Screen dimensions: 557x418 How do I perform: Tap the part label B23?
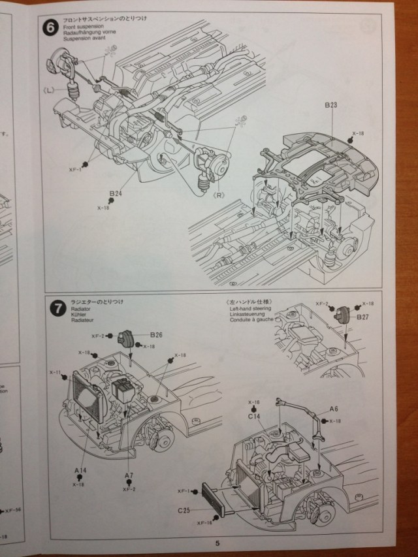coord(329,105)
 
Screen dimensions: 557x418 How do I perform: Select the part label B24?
coord(116,193)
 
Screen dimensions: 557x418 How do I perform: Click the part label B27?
coord(363,317)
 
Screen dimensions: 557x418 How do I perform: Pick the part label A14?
coord(80,470)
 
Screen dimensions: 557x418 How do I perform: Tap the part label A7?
coord(128,475)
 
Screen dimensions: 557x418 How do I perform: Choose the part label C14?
coord(254,415)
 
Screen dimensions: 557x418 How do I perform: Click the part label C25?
coord(183,510)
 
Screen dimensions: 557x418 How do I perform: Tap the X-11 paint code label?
coord(56,372)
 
